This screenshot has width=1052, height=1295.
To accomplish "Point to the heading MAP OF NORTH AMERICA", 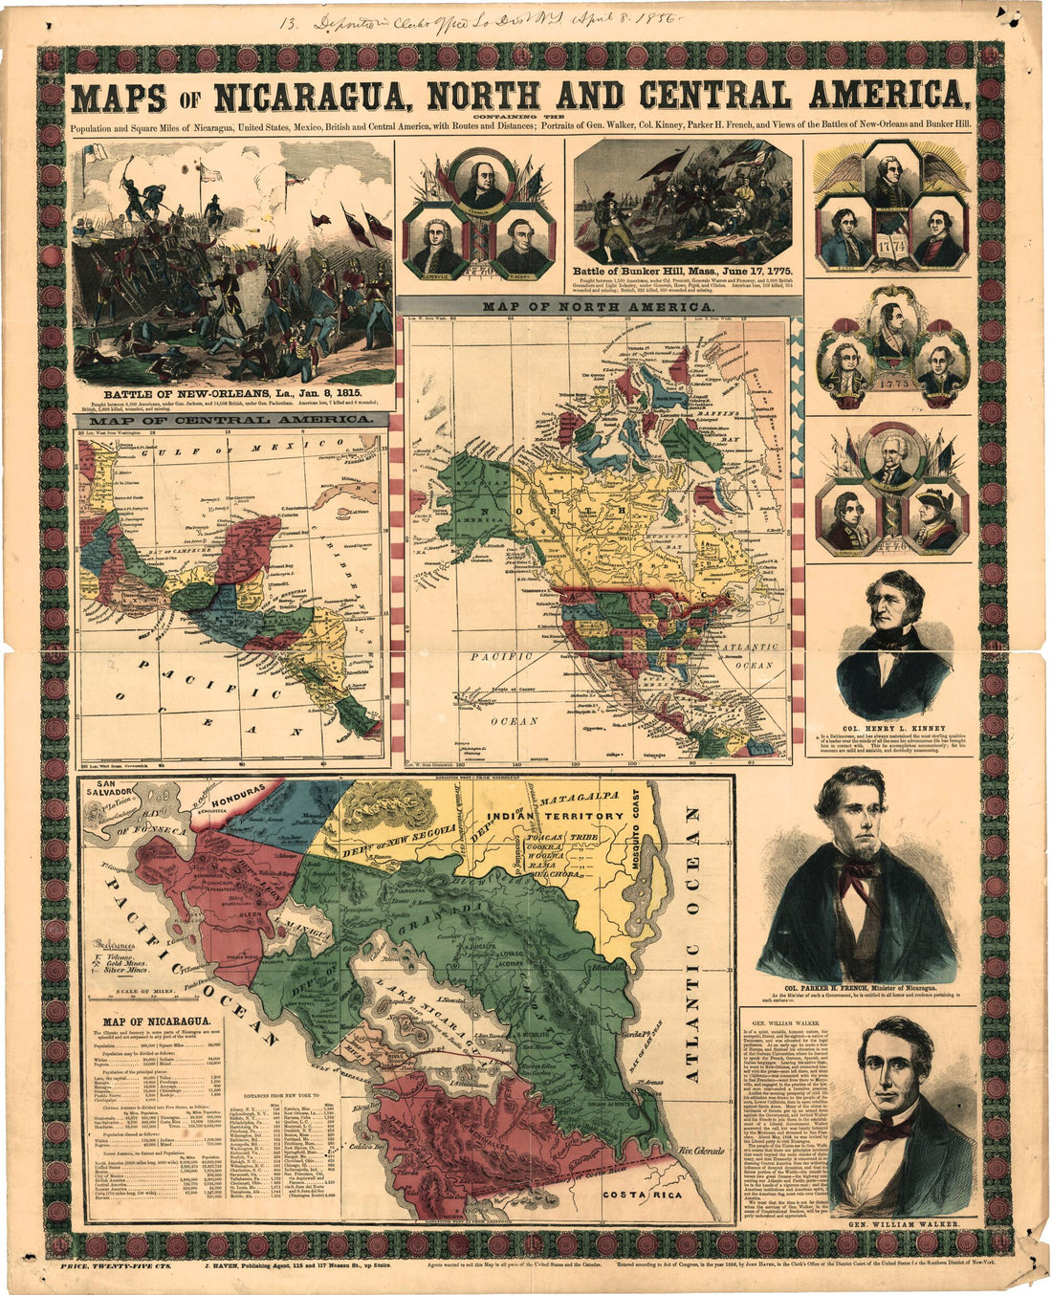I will [x=598, y=307].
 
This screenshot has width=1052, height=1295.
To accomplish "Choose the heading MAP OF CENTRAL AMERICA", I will [x=229, y=420].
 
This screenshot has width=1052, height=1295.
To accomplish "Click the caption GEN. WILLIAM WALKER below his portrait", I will [x=903, y=1224].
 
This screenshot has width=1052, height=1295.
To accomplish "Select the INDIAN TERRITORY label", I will [x=555, y=816].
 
